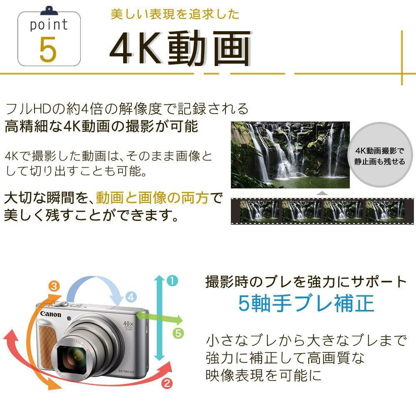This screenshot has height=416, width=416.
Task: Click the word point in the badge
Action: pyautogui.click(x=49, y=25)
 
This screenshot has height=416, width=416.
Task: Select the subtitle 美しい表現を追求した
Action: pyautogui.click(x=175, y=14)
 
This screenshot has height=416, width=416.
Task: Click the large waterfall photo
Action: pyautogui.click(x=290, y=155)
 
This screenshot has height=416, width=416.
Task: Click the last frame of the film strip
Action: pyautogui.click(x=384, y=210)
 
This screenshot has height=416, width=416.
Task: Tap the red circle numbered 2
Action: pyautogui.click(x=167, y=384)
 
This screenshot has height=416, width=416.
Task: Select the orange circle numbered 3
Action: pyautogui.click(x=54, y=286)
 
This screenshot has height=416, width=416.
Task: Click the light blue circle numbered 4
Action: pyautogui.click(x=131, y=297)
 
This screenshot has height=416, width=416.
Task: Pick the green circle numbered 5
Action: pyautogui.click(x=178, y=333)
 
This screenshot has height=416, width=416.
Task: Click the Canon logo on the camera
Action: pyautogui.click(x=51, y=314)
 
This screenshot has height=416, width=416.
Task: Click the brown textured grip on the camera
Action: pyautogui.click(x=47, y=344)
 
